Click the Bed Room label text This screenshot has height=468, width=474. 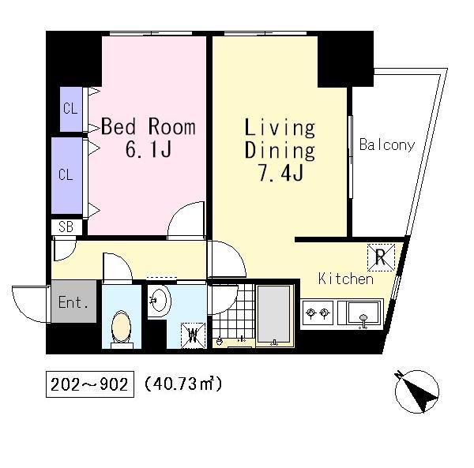(x=149, y=127)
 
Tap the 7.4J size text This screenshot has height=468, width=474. (x=280, y=173)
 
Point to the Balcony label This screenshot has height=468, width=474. (x=387, y=144)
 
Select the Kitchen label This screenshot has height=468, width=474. (x=346, y=279)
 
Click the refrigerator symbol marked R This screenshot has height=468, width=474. (x=381, y=257)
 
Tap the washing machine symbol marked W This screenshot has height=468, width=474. (x=193, y=335)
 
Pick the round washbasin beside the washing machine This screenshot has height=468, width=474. (x=160, y=301)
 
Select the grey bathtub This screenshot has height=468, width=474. (x=274, y=316)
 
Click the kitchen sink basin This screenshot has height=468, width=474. (x=363, y=313)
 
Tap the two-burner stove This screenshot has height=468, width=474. (x=317, y=313)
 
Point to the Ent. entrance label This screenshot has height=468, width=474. (x=73, y=301)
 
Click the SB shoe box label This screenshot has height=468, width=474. (x=66, y=227)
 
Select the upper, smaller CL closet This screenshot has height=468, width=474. (x=71, y=109)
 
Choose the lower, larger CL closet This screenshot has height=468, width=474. (x=67, y=175)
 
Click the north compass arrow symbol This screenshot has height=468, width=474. (x=416, y=391)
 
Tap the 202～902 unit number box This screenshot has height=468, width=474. (x=90, y=384)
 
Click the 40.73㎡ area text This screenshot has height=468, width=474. (x=183, y=384)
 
